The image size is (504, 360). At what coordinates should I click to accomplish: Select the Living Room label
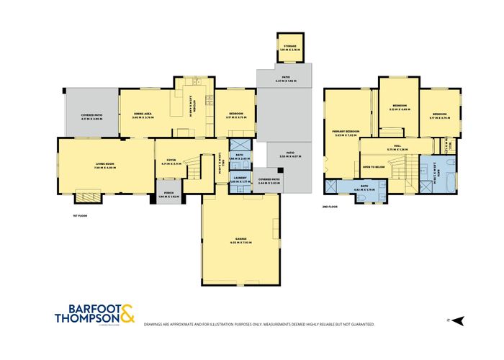click(105, 166)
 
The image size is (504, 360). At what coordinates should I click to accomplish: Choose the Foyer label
click(171, 161)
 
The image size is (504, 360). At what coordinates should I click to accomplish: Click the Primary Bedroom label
click(346, 132)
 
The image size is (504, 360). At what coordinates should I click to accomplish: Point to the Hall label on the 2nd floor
click(392, 148)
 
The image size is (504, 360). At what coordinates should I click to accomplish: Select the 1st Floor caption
click(80, 215)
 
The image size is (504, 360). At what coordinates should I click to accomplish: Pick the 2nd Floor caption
click(330, 207)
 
